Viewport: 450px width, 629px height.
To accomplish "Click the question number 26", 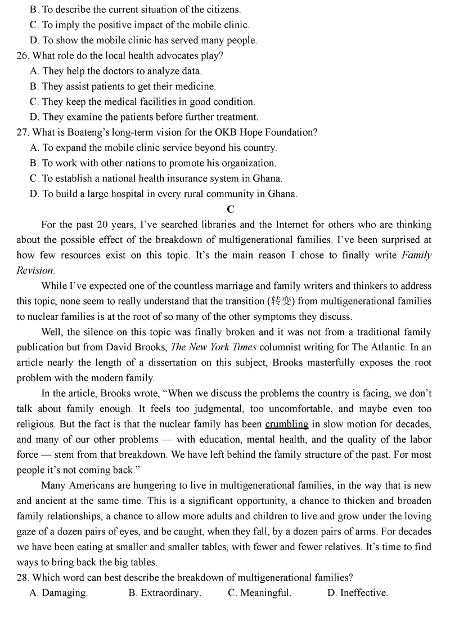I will (x=22, y=56).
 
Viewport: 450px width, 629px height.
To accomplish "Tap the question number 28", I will (x=22, y=577).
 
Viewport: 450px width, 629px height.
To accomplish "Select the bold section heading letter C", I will (x=231, y=209).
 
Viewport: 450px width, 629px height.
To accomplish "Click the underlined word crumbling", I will (x=286, y=423).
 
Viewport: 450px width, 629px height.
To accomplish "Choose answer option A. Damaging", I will (x=58, y=592).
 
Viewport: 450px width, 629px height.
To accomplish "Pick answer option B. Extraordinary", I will (x=165, y=592).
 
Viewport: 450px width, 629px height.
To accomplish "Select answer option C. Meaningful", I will (x=259, y=592).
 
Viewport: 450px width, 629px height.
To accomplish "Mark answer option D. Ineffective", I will (x=357, y=592).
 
